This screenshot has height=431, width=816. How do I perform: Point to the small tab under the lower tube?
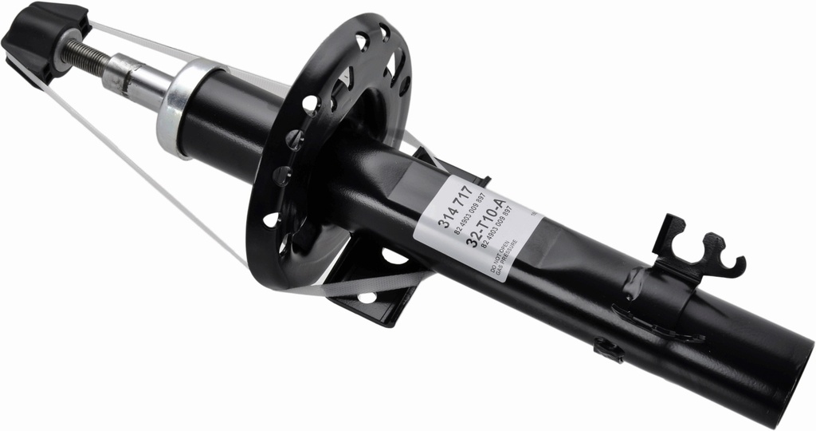coord(608,349)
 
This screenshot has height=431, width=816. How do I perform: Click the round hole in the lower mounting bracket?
coord(367,297)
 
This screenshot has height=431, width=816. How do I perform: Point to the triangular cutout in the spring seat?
coord(347,80)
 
